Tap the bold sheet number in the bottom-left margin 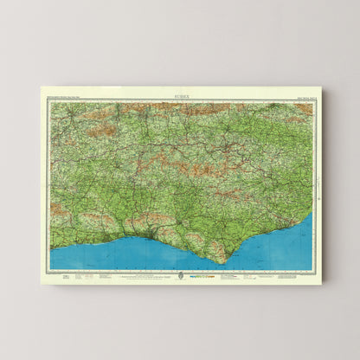54,274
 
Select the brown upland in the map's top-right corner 303,108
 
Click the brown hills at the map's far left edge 57,209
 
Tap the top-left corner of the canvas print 41,87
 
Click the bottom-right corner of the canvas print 322,283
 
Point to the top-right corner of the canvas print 320,86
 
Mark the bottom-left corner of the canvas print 41,282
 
